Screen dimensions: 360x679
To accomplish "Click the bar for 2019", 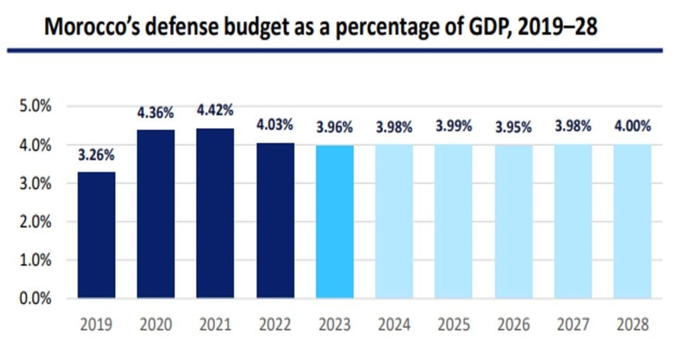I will click(96, 235).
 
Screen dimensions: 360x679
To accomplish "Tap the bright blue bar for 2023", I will click(335, 221).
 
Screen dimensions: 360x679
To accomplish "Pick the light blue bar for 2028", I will click(633, 221).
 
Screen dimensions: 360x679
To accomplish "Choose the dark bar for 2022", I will click(275, 221).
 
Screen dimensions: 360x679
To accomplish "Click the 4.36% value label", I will click(156, 113).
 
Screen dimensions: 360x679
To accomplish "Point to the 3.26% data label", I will click(96, 156).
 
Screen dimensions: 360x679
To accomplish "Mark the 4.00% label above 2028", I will click(633, 126).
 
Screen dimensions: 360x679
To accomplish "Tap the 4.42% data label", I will click(216, 110).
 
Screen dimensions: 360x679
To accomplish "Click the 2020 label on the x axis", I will click(156, 325).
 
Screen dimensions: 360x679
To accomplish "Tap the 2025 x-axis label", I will click(454, 325).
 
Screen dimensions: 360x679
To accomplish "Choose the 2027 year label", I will click(573, 325).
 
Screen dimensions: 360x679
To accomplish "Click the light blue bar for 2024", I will click(394, 221).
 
